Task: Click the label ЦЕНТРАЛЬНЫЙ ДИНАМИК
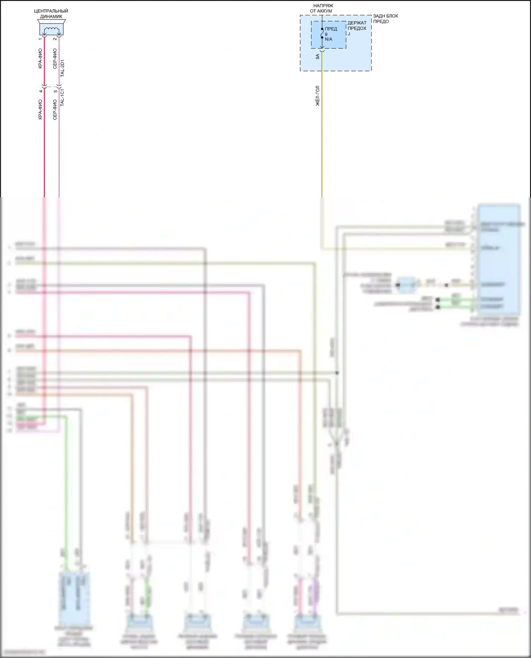tap(51, 14)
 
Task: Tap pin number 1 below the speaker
tap(40, 39)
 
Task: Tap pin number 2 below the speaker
tap(55, 39)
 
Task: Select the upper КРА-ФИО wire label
tap(40, 58)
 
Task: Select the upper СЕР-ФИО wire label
tap(55, 58)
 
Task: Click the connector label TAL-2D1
tap(62, 68)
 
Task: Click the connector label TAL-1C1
tap(62, 97)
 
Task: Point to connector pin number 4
tap(41, 91)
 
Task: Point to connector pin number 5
tap(56, 91)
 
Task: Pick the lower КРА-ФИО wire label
tap(40, 110)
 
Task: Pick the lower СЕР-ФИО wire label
tap(55, 110)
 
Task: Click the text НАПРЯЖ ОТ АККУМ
tap(322, 8)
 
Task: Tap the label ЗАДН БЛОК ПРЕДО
tap(386, 19)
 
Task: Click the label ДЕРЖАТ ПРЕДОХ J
tap(357, 28)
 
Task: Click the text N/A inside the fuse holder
tap(329, 39)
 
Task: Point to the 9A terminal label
tap(318, 56)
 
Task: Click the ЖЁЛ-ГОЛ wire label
tap(318, 96)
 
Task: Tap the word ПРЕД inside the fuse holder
tap(331, 29)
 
